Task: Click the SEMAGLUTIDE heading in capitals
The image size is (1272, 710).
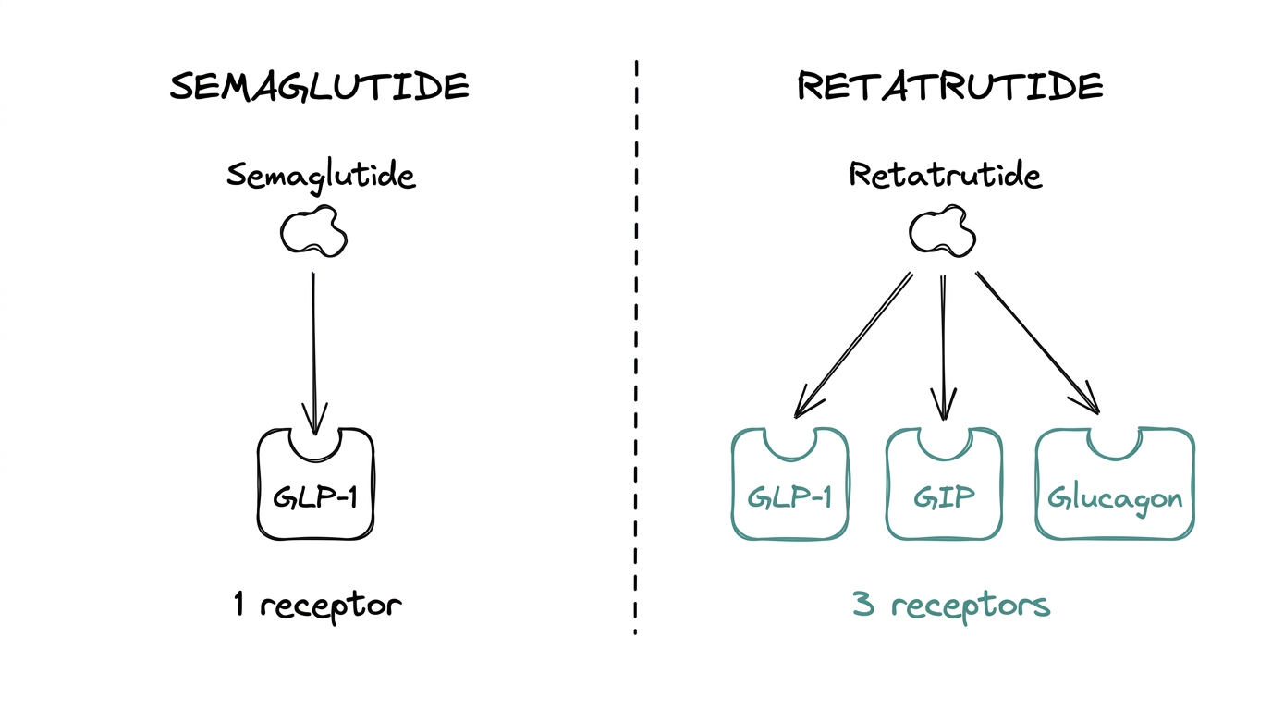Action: click(320, 87)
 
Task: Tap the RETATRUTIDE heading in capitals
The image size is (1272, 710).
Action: click(949, 87)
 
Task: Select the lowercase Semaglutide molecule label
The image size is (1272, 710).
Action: click(321, 176)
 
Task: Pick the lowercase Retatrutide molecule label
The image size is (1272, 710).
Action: click(945, 175)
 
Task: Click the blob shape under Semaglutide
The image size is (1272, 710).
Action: click(314, 232)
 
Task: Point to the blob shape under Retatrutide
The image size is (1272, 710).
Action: click(943, 231)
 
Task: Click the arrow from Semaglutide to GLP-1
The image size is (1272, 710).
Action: click(314, 351)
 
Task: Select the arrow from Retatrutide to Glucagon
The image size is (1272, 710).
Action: click(1037, 342)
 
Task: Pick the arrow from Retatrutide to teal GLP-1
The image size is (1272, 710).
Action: click(852, 344)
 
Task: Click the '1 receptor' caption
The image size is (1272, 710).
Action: click(317, 606)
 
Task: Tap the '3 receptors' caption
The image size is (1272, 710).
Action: click(951, 606)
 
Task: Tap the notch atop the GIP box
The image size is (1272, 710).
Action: click(944, 440)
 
